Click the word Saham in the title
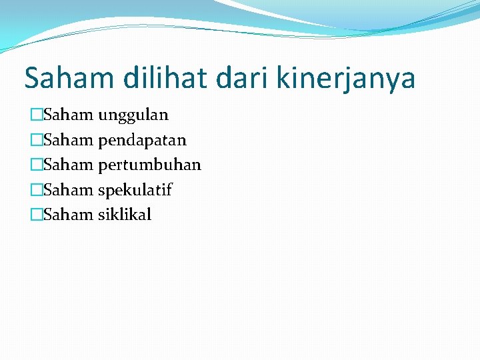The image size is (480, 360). pyautogui.click(x=69, y=79)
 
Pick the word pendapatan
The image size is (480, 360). pyautogui.click(x=142, y=141)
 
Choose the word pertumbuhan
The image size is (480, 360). pyautogui.click(x=149, y=165)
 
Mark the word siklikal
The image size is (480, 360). pyautogui.click(x=125, y=215)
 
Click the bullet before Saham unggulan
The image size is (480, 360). pyautogui.click(x=36, y=115)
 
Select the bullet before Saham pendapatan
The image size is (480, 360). pyautogui.click(x=36, y=140)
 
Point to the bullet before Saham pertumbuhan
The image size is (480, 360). pyautogui.click(x=36, y=165)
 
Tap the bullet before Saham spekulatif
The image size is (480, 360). pyautogui.click(x=36, y=190)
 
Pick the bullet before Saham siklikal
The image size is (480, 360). pyautogui.click(x=36, y=215)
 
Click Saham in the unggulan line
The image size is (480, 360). pyautogui.click(x=68, y=115)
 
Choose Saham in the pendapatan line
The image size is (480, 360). pyautogui.click(x=68, y=140)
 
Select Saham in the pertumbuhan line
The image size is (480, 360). pyautogui.click(x=68, y=165)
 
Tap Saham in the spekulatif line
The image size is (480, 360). pyautogui.click(x=68, y=190)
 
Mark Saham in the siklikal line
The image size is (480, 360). pyautogui.click(x=68, y=215)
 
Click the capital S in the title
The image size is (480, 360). pyautogui.click(x=32, y=79)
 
